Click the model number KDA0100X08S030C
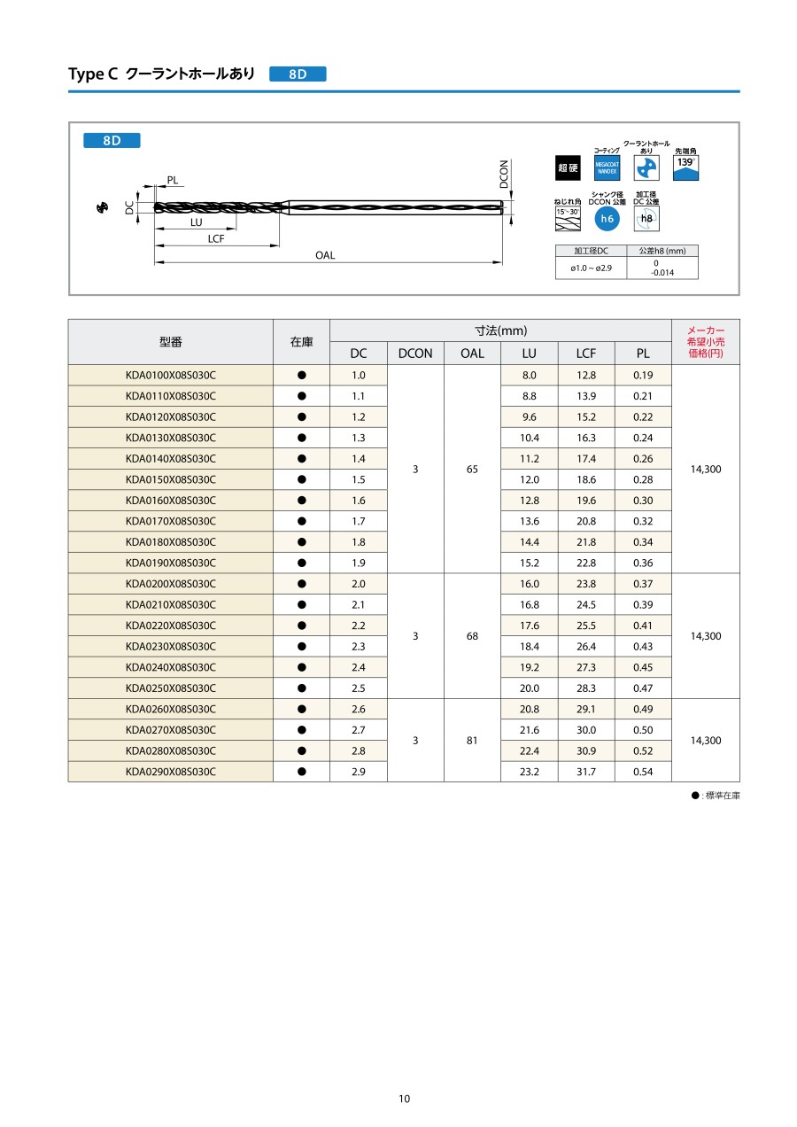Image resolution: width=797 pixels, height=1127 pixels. coord(170,376)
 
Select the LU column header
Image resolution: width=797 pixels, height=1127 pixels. coord(530,354)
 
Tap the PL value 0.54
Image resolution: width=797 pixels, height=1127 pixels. coord(643,772)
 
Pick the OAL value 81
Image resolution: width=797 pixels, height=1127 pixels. coord(472,741)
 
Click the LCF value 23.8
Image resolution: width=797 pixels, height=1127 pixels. coord(586,584)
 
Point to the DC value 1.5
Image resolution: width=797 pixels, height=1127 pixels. coord(358,479)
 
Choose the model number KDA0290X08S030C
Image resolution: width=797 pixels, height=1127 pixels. coord(170,772)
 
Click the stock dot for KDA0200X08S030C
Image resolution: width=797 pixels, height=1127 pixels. coord(301,584)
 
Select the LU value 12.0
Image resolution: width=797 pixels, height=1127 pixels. coord(530,479)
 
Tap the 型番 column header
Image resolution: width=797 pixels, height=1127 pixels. coord(170,342)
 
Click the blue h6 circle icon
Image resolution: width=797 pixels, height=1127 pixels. coord(607,218)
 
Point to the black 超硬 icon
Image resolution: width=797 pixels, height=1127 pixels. coord(568,168)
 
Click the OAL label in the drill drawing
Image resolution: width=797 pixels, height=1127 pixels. coord(325,255)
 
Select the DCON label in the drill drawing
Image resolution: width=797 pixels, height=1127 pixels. coord(504,174)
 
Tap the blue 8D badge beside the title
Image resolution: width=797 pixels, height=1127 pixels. coord(298,74)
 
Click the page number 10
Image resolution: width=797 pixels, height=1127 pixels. coord(404,1100)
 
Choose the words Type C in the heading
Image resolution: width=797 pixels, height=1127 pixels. coord(93,74)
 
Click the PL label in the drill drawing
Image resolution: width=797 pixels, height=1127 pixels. coord(173,181)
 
